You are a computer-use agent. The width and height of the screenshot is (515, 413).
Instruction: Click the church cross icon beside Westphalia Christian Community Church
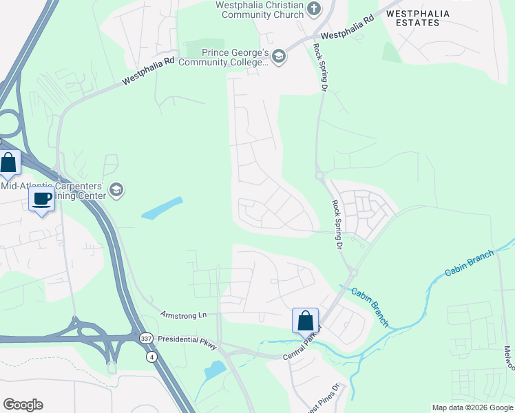tap(315, 8)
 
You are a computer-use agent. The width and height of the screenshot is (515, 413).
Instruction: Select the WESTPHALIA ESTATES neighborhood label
tap(412, 18)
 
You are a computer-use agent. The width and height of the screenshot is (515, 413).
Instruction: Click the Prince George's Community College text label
tap(224, 57)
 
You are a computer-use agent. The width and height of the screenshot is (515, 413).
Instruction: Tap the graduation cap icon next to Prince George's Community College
tap(279, 56)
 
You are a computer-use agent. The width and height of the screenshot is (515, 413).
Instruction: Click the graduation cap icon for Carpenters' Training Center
tap(116, 191)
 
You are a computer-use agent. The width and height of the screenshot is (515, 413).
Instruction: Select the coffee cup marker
tap(42, 199)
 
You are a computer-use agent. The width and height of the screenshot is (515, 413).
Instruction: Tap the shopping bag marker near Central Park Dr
tap(305, 321)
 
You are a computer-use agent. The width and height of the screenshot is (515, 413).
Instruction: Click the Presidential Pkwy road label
tap(187, 340)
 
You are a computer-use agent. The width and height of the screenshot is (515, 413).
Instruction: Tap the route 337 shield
tap(145, 339)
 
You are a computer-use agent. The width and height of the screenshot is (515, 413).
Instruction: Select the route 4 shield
tap(151, 357)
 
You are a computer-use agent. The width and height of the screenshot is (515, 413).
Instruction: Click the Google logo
tap(23, 405)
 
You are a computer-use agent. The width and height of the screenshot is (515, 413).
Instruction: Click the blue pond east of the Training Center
tap(162, 209)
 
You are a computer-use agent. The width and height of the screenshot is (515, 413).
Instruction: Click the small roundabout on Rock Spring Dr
tap(320, 176)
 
